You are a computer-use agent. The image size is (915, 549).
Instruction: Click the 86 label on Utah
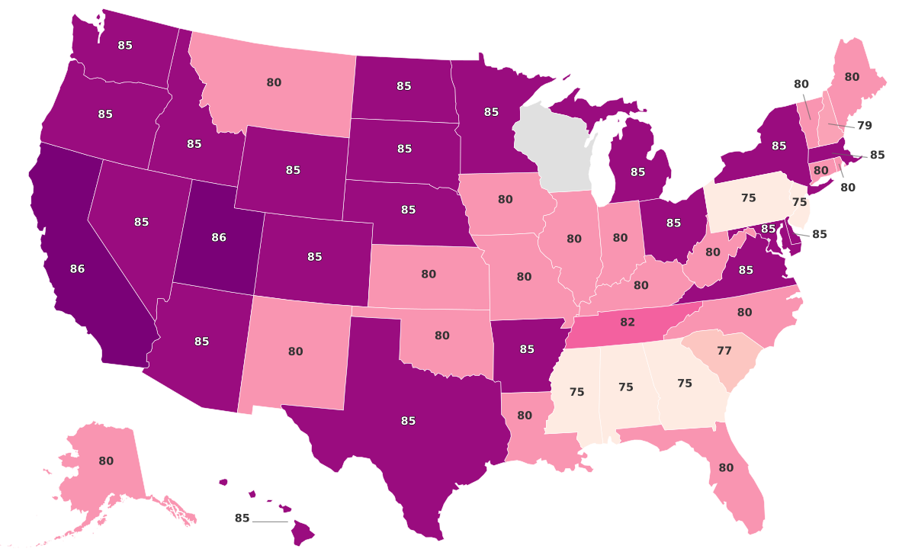click(219, 238)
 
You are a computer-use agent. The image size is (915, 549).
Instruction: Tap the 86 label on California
click(77, 268)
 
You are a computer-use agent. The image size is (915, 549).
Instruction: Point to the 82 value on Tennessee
click(628, 323)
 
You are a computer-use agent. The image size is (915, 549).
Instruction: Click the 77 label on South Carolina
click(724, 352)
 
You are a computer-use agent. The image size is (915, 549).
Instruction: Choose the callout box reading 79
click(864, 125)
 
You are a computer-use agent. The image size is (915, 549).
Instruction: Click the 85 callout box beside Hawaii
click(242, 518)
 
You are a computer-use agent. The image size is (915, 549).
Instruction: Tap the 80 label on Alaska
click(106, 461)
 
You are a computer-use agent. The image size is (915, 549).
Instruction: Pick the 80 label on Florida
click(726, 467)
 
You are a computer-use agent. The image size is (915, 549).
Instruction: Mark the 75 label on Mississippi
click(577, 392)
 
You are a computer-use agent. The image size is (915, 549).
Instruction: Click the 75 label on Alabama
click(626, 387)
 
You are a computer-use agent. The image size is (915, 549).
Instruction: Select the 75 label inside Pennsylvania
click(749, 198)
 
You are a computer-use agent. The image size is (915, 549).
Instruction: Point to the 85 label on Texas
click(408, 421)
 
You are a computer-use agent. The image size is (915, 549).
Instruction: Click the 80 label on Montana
click(274, 82)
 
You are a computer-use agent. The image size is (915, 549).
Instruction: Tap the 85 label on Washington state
click(125, 46)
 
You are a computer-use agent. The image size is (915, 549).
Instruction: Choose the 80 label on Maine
click(852, 77)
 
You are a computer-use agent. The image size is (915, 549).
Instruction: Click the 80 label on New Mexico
click(296, 352)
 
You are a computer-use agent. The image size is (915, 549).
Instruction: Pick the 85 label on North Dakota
click(404, 86)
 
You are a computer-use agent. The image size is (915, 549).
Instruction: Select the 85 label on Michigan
click(637, 172)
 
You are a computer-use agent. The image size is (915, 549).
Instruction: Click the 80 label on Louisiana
click(525, 416)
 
